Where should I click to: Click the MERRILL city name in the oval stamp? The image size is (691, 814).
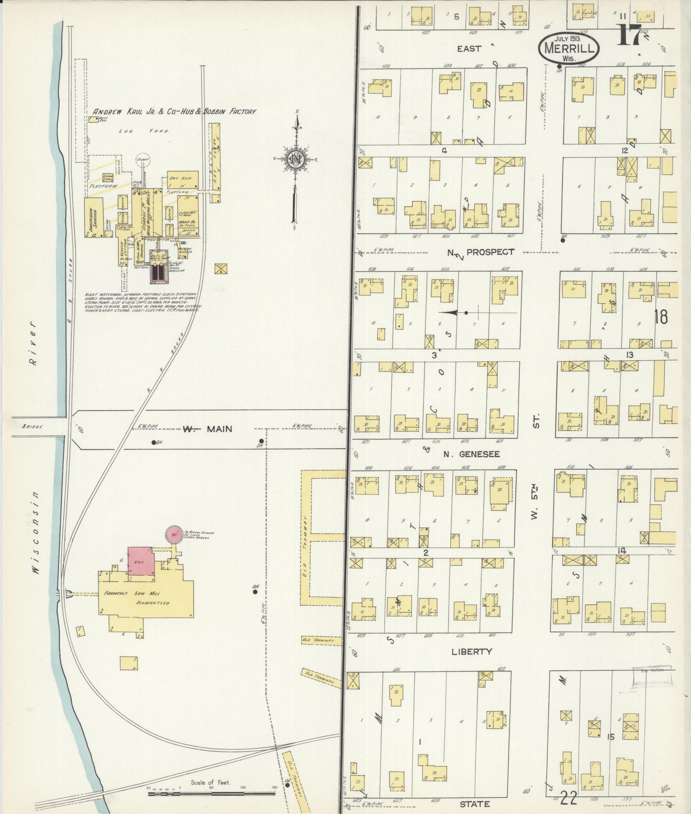coord(569,48)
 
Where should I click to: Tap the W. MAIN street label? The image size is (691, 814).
coord(207,429)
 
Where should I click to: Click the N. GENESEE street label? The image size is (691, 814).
coord(471,454)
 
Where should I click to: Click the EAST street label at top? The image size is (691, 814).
coord(469,49)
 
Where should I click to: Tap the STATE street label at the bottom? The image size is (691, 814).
coord(474,804)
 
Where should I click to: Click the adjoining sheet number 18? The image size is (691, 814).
coord(660,316)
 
